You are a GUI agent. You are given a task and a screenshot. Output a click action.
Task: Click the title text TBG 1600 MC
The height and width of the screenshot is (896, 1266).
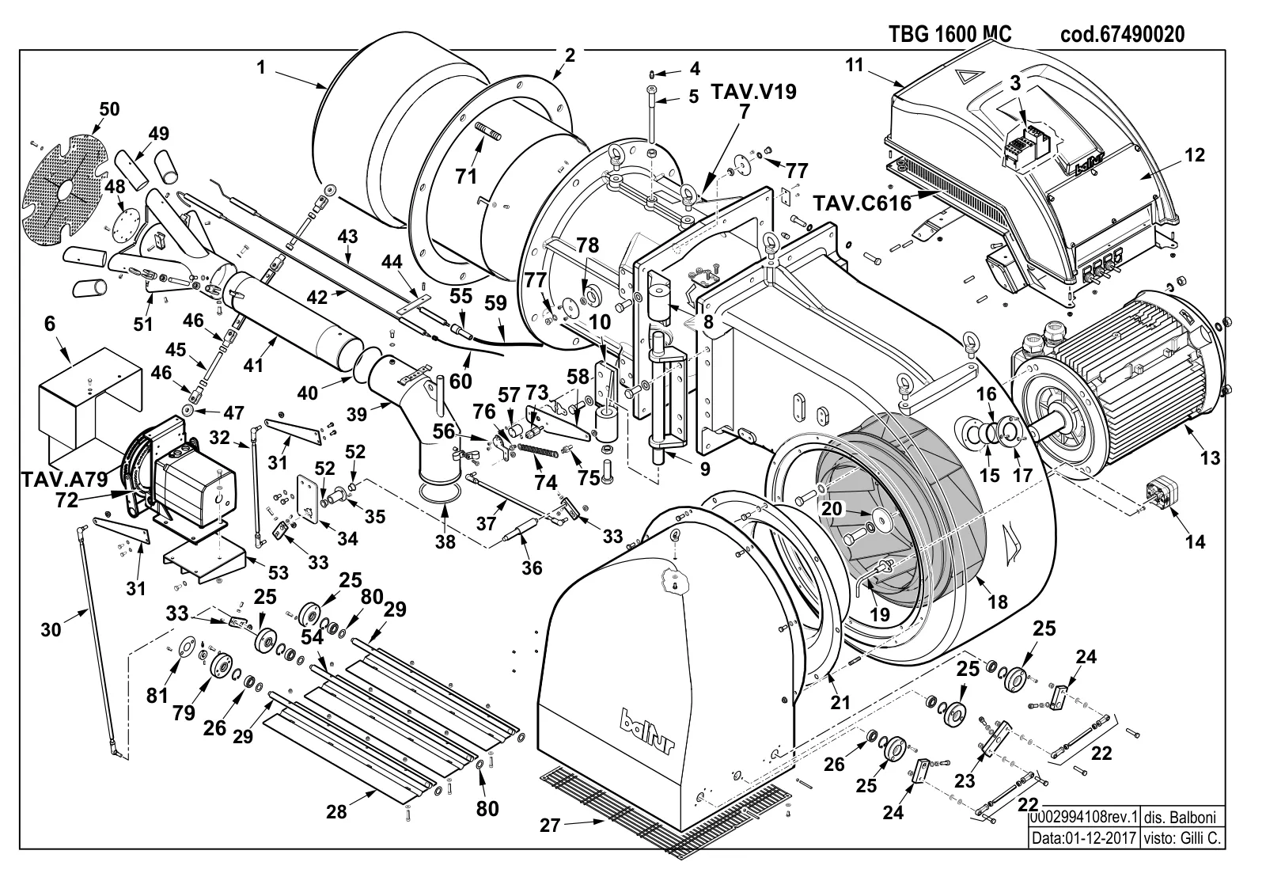coord(950,34)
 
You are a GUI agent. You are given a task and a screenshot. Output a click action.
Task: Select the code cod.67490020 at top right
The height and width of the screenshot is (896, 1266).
coord(1123,34)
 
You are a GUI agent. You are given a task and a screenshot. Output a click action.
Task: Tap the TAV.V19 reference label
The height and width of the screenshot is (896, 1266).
coord(753,91)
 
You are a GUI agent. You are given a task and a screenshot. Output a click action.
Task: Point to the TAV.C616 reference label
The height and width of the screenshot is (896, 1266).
coord(862,203)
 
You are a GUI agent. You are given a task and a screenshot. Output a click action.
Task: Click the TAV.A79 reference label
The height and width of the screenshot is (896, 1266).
coord(64,479)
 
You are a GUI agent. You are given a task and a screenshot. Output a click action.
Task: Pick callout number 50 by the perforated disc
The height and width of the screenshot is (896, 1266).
coord(109,108)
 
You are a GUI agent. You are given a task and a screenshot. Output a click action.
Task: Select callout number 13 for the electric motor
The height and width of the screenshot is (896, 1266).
coord(1210,457)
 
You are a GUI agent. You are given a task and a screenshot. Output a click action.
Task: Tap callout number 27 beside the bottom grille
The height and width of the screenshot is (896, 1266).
coord(550,826)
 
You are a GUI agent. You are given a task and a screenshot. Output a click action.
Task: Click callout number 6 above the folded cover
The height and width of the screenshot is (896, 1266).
coord(50,324)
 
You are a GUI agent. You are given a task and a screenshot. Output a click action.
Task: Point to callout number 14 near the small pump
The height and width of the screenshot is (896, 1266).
coord(1196,541)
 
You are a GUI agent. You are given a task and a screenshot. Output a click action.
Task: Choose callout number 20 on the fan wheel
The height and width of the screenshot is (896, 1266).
coord(832,509)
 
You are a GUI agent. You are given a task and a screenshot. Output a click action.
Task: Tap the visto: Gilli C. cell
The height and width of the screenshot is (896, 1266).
coord(1182,837)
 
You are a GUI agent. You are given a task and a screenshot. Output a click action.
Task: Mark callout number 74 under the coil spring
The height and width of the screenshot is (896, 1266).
coord(545,482)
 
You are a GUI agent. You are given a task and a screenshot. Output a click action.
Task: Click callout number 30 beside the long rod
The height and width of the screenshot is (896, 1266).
coord(51,630)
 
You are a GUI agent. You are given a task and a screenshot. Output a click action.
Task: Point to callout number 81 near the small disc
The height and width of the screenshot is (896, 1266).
coord(157,695)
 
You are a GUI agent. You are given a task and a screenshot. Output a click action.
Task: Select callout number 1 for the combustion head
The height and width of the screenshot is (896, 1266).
coord(260,67)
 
